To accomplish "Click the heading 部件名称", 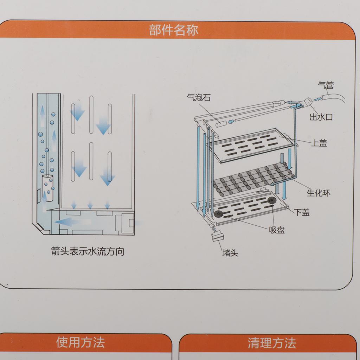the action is pyautogui.click(x=173, y=30).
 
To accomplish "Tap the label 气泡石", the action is pyautogui.click(x=199, y=98).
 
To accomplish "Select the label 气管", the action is pyautogui.click(x=326, y=85).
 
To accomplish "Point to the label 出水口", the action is pyautogui.click(x=321, y=117).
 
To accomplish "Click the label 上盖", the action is pyautogui.click(x=319, y=143).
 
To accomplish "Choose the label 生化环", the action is pyautogui.click(x=319, y=193).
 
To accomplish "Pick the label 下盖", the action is pyautogui.click(x=302, y=212).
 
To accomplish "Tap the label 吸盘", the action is pyautogui.click(x=277, y=230).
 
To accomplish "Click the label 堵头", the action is pyautogui.click(x=230, y=253).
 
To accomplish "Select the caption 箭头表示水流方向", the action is pyautogui.click(x=88, y=251).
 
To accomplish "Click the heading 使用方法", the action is pyautogui.click(x=81, y=342).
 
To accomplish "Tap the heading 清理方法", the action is pyautogui.click(x=272, y=343).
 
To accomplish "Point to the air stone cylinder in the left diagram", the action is pyautogui.click(x=47, y=188).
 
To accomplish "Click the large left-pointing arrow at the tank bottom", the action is pyautogui.click(x=72, y=222).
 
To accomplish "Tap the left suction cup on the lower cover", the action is pyautogui.click(x=218, y=214).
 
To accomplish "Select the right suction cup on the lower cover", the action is pyautogui.click(x=272, y=200).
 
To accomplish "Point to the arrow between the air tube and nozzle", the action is pyautogui.click(x=317, y=99).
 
